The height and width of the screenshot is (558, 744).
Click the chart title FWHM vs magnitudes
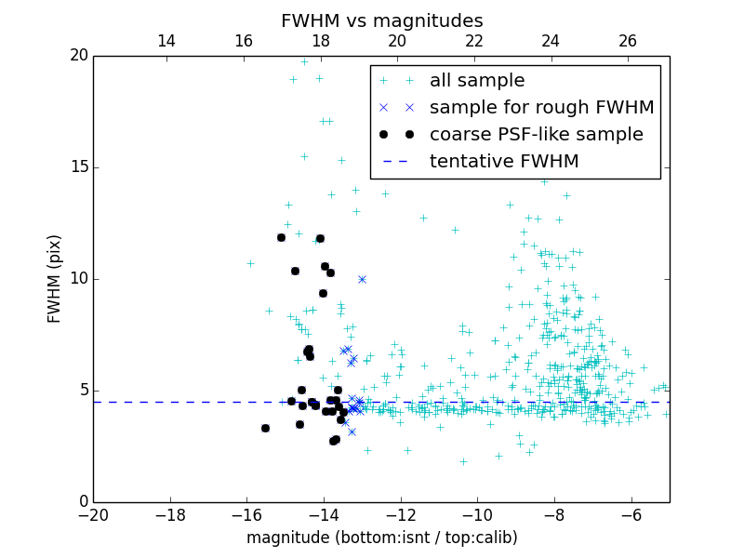pyautogui.click(x=381, y=20)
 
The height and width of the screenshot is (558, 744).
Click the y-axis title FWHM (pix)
pyautogui.click(x=54, y=279)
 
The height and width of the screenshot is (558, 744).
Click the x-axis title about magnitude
pyautogui.click(x=381, y=538)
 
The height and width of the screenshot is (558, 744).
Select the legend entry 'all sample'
pyautogui.click(x=477, y=81)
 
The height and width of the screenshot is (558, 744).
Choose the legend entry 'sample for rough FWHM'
pyautogui.click(x=541, y=108)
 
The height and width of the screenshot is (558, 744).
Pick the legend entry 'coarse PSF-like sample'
pyautogui.click(x=536, y=135)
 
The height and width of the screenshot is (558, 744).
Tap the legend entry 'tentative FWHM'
pyautogui.click(x=504, y=162)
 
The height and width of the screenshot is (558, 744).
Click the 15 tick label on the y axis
pyautogui.click(x=78, y=167)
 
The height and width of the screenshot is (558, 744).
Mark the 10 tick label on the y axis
pyautogui.click(x=78, y=279)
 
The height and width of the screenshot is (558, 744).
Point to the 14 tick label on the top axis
pyautogui.click(x=166, y=41)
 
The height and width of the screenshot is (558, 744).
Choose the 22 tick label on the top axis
pyautogui.click(x=474, y=41)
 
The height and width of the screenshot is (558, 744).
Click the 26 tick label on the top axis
pyautogui.click(x=628, y=41)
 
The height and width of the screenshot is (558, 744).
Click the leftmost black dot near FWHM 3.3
pyautogui.click(x=265, y=428)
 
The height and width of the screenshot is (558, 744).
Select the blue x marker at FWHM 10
pyautogui.click(x=362, y=279)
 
